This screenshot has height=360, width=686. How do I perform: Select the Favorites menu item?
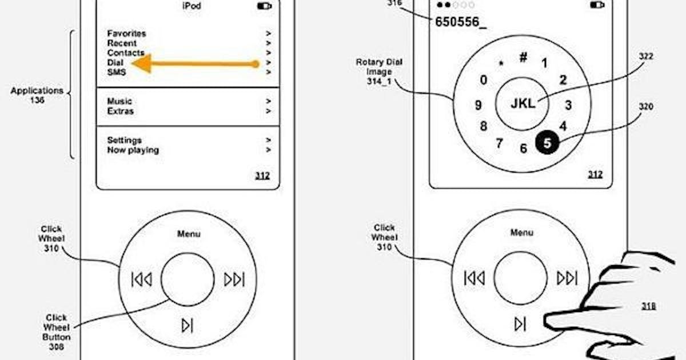[x=126, y=34]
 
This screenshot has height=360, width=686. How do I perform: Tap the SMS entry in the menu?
[x=117, y=73]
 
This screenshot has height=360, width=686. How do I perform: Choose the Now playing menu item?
[x=133, y=150]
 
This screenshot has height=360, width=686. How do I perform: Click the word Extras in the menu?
[x=121, y=111]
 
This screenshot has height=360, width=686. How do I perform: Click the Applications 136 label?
[x=37, y=95]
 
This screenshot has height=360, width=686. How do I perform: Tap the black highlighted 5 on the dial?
[x=547, y=143]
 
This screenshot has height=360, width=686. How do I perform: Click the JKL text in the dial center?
[x=523, y=104]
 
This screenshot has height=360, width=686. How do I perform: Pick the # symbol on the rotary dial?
[x=523, y=57]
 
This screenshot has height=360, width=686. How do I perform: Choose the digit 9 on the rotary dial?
[x=478, y=105]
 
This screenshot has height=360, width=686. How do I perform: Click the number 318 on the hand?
[x=648, y=306]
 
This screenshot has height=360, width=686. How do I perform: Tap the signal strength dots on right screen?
[x=455, y=5]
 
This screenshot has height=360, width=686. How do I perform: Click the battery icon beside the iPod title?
[x=264, y=6]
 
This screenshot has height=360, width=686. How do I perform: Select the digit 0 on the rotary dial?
[x=484, y=80]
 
